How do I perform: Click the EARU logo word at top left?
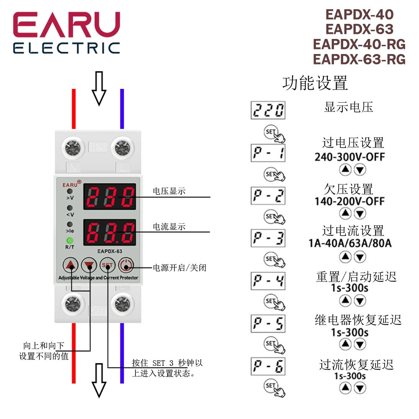(67, 25)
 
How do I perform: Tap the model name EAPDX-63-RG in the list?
(359, 59)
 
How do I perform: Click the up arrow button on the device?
(72, 265)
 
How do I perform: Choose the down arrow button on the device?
(89, 265)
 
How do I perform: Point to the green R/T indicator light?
(70, 241)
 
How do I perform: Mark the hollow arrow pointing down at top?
(99, 88)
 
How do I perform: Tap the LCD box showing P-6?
(268, 367)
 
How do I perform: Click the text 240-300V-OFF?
(349, 157)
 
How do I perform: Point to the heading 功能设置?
(315, 83)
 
